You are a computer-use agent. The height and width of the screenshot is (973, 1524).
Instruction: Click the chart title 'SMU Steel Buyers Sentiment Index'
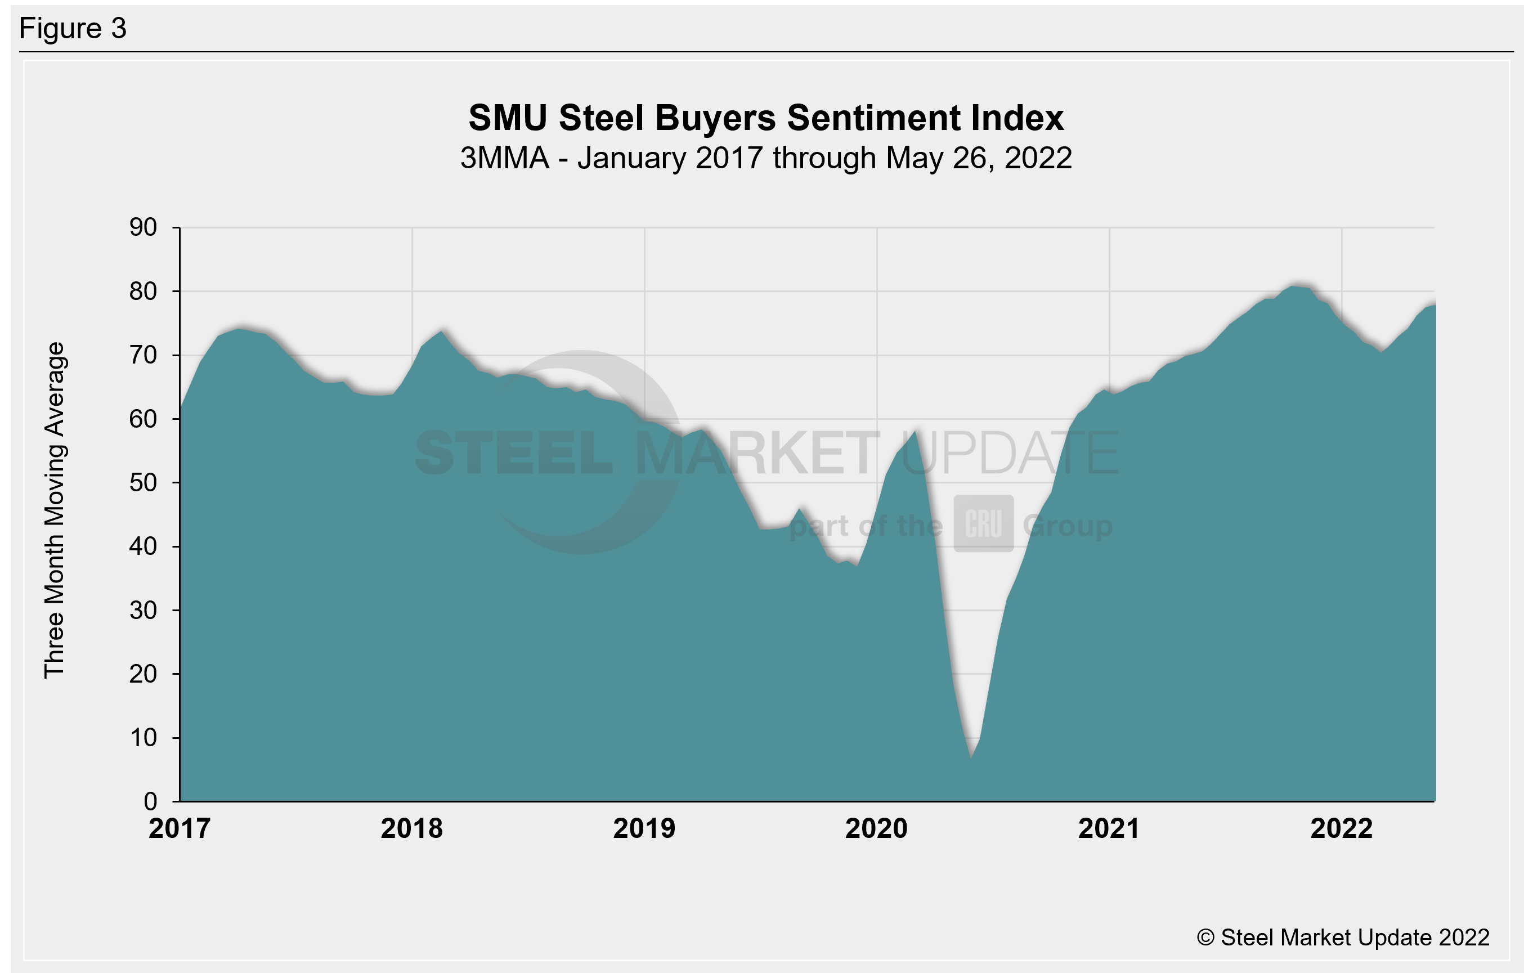(766, 118)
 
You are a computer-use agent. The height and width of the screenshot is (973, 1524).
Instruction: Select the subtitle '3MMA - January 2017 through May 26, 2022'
(766, 158)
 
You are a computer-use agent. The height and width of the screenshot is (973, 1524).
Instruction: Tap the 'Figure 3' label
(73, 29)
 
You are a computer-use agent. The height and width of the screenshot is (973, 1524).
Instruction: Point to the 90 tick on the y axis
(143, 227)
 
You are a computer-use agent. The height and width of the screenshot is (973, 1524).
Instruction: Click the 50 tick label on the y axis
(143, 483)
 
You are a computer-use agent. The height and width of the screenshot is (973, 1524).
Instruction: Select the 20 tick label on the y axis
(143, 674)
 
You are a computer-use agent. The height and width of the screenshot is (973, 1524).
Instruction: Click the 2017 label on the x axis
(180, 829)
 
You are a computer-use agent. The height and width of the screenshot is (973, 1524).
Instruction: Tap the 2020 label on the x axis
(877, 829)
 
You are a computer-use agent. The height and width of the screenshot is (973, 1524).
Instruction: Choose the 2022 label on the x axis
(1341, 829)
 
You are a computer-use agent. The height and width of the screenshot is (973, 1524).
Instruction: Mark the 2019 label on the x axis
(644, 829)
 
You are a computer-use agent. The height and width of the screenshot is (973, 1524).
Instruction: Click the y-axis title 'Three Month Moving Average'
(55, 510)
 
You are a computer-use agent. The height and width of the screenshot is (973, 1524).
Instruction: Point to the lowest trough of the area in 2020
(971, 757)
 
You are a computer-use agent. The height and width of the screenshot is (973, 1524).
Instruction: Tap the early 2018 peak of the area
(442, 331)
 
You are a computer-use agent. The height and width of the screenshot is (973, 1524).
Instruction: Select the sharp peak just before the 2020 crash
(915, 432)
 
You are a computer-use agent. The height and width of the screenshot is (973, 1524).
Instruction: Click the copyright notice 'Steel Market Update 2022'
(1343, 938)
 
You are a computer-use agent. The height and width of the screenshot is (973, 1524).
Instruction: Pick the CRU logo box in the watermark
(984, 523)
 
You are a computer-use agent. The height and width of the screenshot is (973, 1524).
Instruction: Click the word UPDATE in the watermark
(1010, 453)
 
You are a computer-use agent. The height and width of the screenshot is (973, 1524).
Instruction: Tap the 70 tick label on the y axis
(143, 355)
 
